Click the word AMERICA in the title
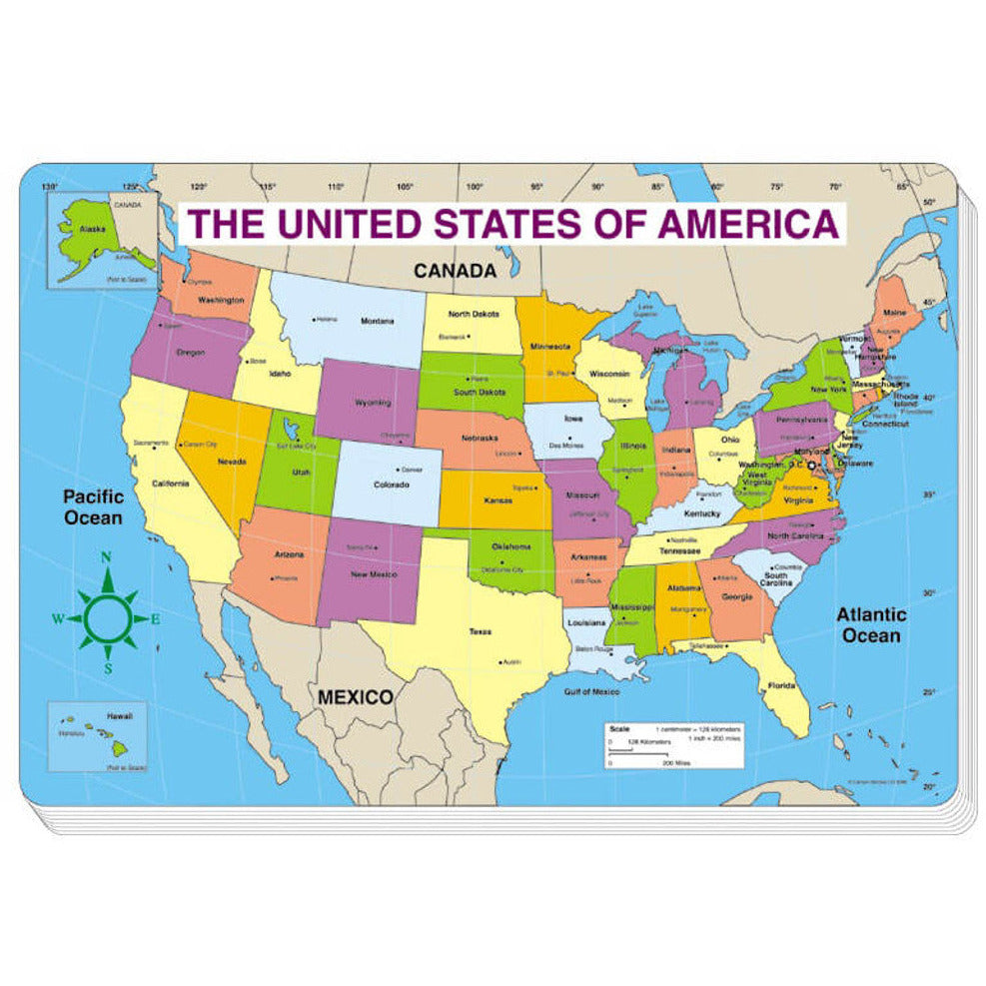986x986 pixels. [x=748, y=224]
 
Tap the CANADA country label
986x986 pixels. [x=455, y=270]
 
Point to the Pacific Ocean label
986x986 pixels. [x=93, y=506]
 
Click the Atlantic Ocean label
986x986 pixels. [x=871, y=625]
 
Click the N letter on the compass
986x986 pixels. [x=107, y=558]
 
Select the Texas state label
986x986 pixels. [x=481, y=631]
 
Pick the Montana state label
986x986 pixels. [x=378, y=321]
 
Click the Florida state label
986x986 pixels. [x=781, y=685]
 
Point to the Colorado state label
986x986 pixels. [x=391, y=485]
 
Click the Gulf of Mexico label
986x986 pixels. [x=592, y=691]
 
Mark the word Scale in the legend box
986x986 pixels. [x=620, y=729]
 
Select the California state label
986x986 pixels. [x=171, y=484]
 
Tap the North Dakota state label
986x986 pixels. [x=472, y=314]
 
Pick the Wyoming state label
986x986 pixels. [x=372, y=403]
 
